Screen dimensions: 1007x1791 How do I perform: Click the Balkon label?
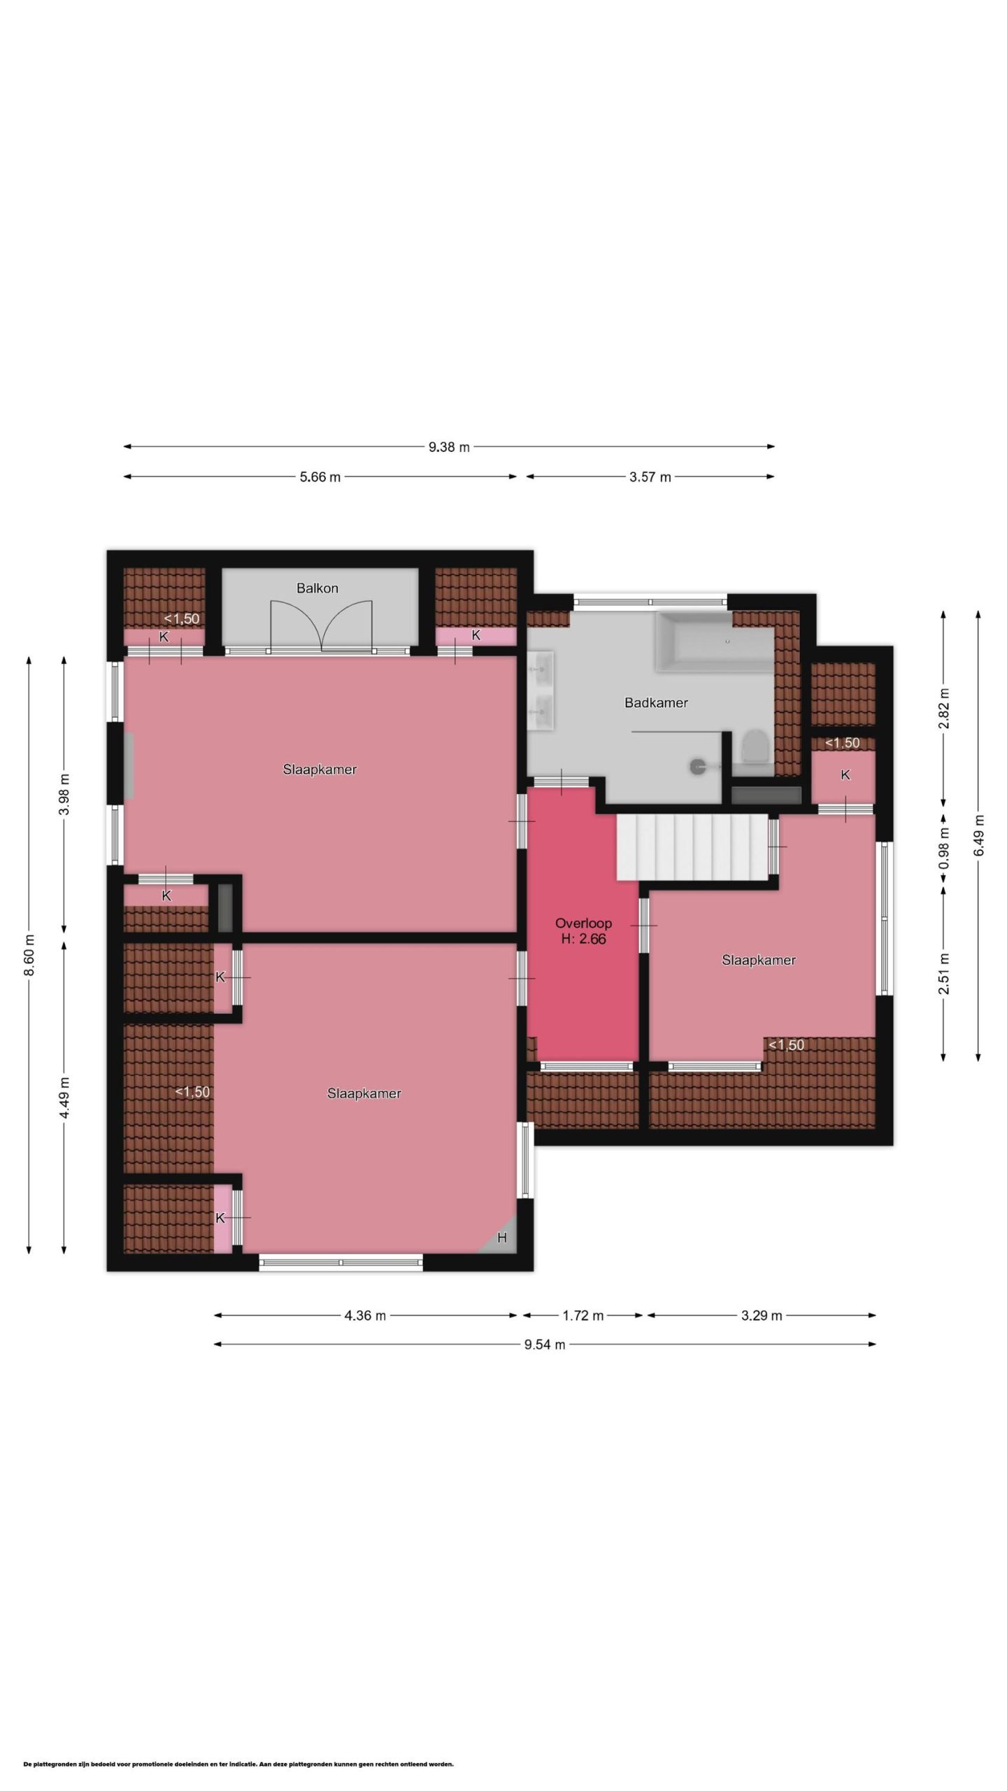coord(317,588)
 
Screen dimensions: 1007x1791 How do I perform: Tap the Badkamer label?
coord(656,702)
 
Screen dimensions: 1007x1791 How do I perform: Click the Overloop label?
coord(583,923)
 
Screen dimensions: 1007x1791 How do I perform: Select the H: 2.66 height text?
coord(583,940)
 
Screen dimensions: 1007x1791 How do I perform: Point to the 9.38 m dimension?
coord(449,447)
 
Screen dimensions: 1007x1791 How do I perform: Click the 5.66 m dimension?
coord(320,477)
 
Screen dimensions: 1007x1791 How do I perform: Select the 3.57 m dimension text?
coord(650,477)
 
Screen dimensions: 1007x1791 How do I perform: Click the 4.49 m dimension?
coord(64,1099)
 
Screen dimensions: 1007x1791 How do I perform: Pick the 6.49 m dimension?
coord(978,835)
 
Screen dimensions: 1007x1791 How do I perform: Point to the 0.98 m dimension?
coord(943,847)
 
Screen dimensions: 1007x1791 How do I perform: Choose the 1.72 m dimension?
coord(583,1316)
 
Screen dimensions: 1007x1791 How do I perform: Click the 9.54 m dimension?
coord(545,1344)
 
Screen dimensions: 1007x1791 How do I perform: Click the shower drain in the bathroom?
coord(697,767)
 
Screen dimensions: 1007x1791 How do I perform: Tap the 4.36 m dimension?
coord(365,1316)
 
